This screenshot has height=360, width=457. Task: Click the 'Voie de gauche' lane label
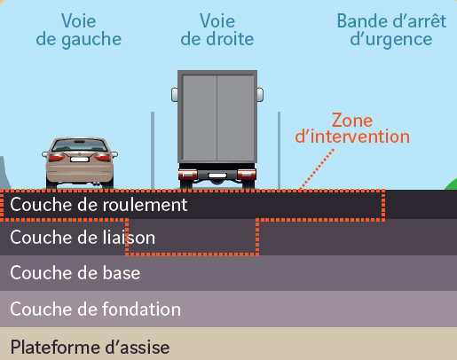79,30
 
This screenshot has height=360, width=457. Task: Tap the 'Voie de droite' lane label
217,30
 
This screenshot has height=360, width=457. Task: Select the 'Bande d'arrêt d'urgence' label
391,30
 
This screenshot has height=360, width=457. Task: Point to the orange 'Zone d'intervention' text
352,129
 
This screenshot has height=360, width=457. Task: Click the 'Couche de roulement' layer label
98,205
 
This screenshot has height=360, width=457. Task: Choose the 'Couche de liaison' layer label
83,238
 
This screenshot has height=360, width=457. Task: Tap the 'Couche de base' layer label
75,273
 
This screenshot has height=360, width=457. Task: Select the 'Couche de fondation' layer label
96,309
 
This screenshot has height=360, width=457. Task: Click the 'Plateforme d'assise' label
90,347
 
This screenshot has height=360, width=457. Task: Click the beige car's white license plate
80,160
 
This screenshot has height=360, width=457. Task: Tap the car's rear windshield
80,145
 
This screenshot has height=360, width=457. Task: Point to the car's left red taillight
57,157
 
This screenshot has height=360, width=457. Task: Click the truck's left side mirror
175,95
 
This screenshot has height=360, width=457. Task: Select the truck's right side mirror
260,95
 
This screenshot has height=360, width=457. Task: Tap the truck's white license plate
217,176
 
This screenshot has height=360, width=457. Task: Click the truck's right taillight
247,174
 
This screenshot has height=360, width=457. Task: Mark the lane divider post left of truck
153,151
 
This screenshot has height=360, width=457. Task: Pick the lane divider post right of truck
279,151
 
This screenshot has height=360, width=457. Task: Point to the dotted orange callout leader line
317,169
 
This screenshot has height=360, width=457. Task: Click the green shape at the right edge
451,184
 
